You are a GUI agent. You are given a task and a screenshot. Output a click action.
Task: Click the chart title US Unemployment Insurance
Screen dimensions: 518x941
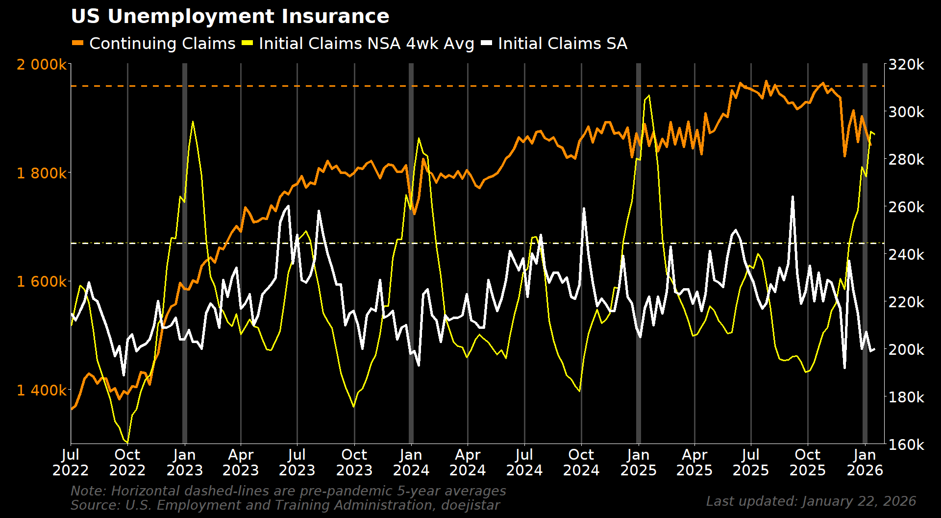(230, 17)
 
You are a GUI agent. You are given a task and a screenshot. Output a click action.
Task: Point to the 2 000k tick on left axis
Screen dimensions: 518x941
(41, 64)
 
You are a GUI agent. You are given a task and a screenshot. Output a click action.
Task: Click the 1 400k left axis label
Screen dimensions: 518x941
(41, 390)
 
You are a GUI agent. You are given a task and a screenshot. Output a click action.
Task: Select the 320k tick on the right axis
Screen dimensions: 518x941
(906, 64)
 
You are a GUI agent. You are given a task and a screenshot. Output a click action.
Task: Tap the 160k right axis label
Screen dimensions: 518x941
(906, 444)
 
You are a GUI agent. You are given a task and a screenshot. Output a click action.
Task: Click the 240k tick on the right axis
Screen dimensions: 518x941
(906, 254)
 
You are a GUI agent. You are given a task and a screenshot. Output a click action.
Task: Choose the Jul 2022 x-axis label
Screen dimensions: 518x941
(71, 462)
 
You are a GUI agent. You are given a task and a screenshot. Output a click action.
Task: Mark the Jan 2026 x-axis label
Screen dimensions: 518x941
(865, 462)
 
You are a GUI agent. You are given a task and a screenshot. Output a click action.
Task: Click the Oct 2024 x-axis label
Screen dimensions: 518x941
(581, 462)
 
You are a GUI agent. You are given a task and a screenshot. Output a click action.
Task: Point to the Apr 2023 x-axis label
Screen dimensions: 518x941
(241, 462)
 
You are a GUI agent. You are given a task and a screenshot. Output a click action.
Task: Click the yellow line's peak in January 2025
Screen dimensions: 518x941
(649, 96)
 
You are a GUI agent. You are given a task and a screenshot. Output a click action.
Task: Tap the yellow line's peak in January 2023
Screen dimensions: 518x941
(193, 122)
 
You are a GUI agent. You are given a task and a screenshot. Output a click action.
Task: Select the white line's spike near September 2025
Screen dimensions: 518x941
(792, 197)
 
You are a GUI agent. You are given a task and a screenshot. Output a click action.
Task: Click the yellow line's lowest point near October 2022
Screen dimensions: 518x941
(127, 443)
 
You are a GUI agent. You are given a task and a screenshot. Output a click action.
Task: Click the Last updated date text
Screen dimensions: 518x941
(811, 501)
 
